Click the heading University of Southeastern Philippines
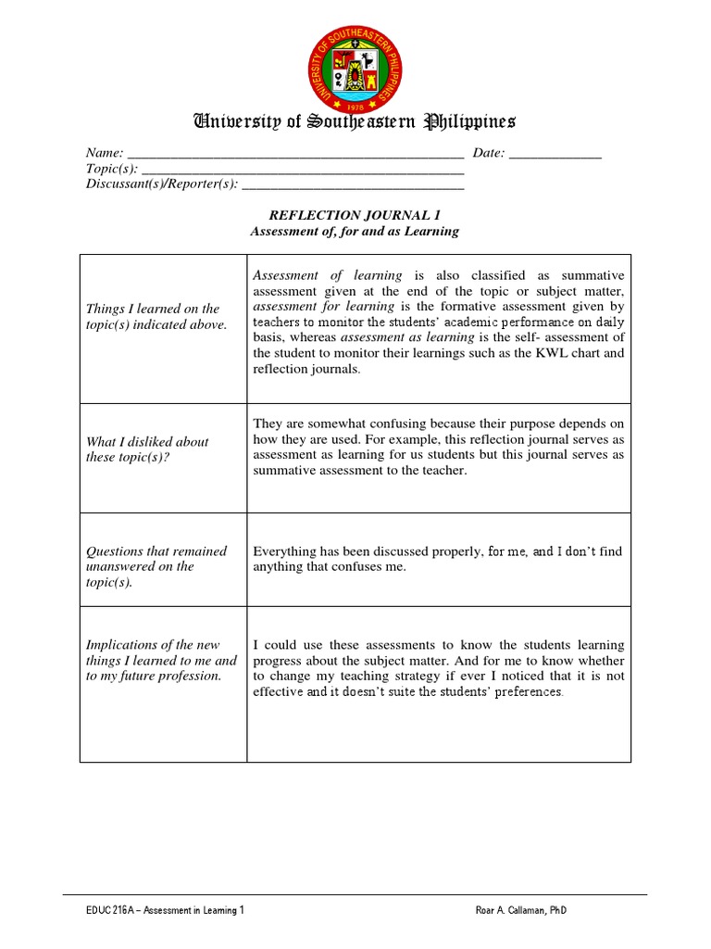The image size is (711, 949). [x=355, y=121]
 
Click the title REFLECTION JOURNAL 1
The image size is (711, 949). [x=355, y=215]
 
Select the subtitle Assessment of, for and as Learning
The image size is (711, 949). [x=355, y=231]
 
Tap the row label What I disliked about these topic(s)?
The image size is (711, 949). [x=147, y=449]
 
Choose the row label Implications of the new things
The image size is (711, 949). [x=161, y=660]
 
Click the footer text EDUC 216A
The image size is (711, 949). [x=111, y=911]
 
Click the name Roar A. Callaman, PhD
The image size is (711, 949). [x=520, y=911]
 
